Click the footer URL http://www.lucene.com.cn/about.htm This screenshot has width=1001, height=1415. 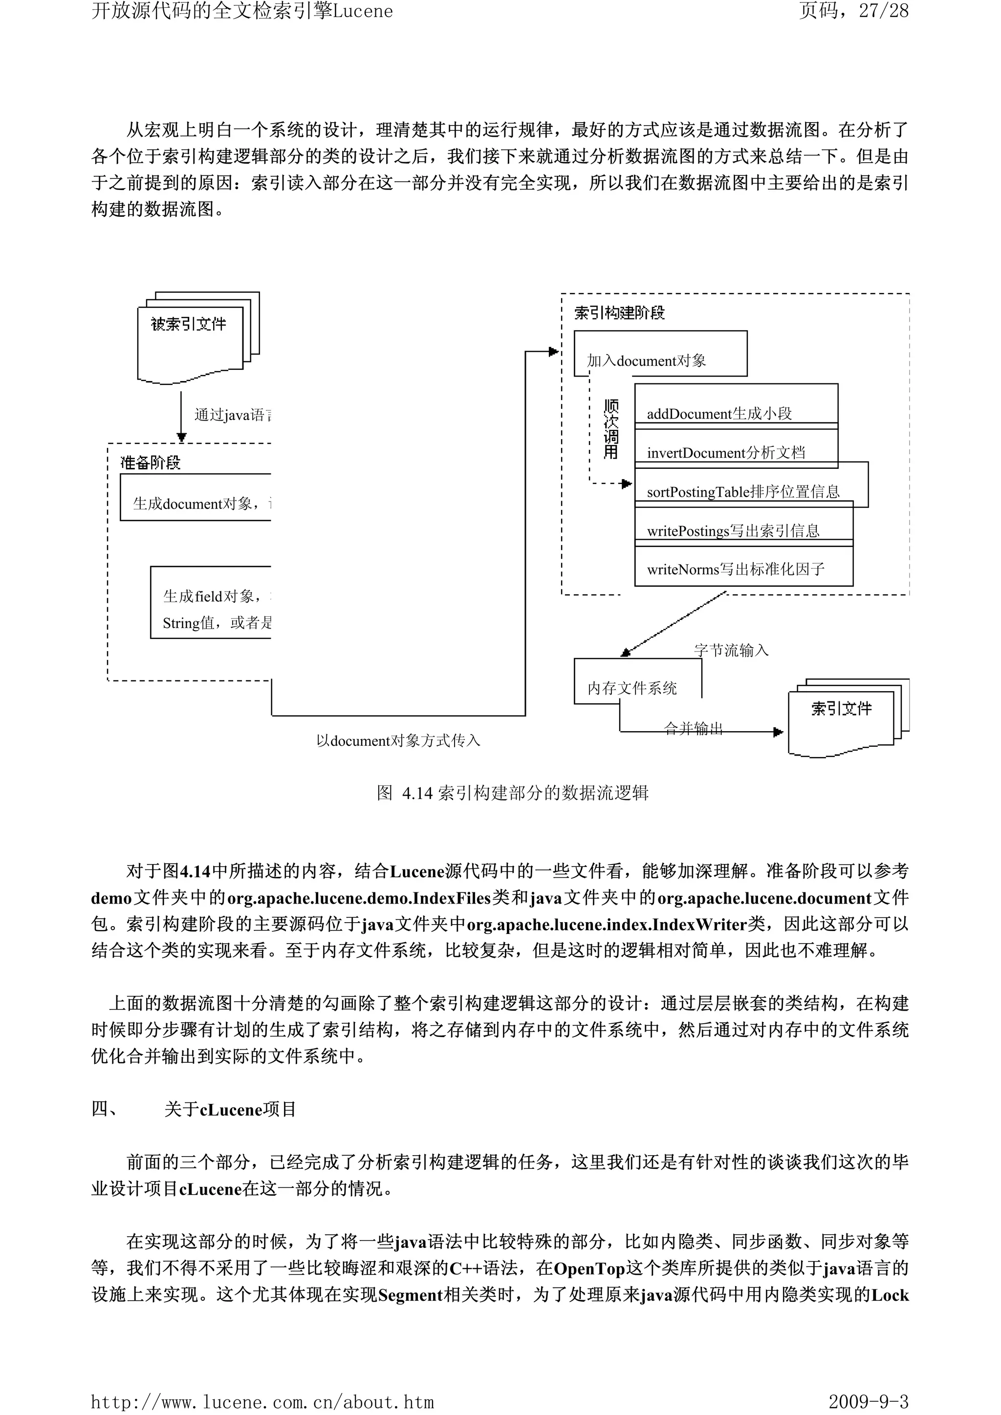(x=262, y=1402)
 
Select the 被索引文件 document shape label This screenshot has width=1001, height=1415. (x=189, y=324)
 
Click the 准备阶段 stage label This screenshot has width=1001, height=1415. (x=151, y=463)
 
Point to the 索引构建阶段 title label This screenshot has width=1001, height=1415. (x=619, y=313)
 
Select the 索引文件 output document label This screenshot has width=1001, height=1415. (x=841, y=709)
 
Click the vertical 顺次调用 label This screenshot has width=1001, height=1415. (x=610, y=429)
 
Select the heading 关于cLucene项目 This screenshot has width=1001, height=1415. (x=230, y=1110)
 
